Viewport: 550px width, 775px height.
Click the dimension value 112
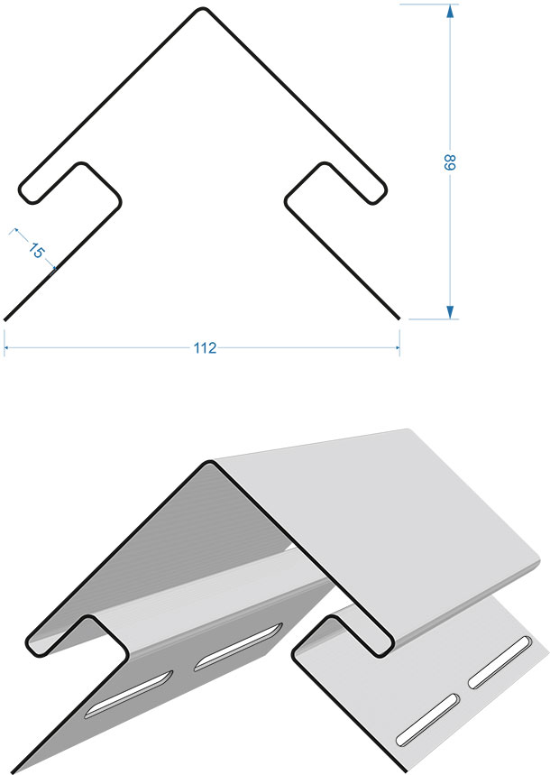tap(205, 348)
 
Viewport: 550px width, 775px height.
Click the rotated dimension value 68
tap(449, 162)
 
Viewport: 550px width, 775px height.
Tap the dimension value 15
tap(35, 251)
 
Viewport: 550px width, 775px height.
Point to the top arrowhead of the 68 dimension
tap(450, 11)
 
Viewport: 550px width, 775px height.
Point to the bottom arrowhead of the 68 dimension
tap(450, 312)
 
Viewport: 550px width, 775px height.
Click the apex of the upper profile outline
tap(203, 8)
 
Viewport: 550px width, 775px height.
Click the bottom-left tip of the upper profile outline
tap(5, 319)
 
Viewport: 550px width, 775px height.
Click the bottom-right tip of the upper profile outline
tap(399, 318)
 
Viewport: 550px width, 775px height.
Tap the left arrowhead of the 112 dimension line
tap(6, 348)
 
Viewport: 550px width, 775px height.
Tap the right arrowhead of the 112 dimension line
tap(397, 348)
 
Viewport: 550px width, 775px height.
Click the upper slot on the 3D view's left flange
tap(239, 647)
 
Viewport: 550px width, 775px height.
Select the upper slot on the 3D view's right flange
tap(500, 662)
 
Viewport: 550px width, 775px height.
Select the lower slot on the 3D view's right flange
tap(428, 719)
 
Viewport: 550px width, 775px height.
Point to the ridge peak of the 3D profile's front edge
tap(211, 463)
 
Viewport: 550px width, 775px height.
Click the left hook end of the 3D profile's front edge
tap(33, 647)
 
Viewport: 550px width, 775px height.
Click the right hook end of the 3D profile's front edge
tap(385, 647)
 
